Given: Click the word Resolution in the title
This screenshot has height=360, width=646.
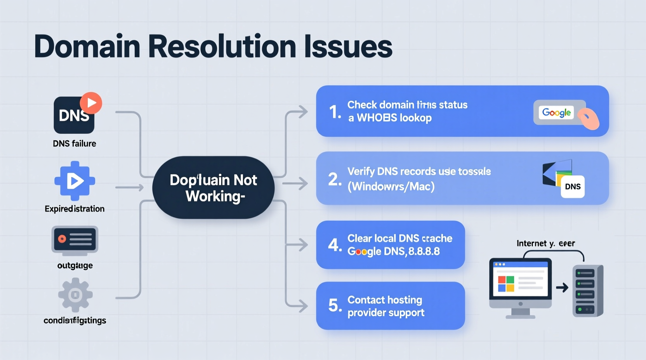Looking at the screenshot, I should pyautogui.click(x=222, y=47).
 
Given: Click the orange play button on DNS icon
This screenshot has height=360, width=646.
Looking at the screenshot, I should pyautogui.click(x=91, y=103).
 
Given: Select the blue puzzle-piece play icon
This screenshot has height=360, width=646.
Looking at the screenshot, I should pyautogui.click(x=75, y=181).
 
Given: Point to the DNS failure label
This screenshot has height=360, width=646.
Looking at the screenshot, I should pyautogui.click(x=75, y=144).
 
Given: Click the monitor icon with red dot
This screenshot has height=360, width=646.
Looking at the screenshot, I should pyautogui.click(x=75, y=240).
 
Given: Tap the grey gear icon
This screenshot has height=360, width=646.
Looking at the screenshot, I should pyautogui.click(x=75, y=295).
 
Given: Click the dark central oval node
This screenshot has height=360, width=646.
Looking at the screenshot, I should pyautogui.click(x=213, y=188).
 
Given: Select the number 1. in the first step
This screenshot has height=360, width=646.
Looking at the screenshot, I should pyautogui.click(x=335, y=112).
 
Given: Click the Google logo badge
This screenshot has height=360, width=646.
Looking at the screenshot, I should pyautogui.click(x=556, y=112).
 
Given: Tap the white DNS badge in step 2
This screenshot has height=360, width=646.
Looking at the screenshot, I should pyautogui.click(x=573, y=187).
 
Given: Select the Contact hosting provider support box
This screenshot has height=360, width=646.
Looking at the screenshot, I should pyautogui.click(x=390, y=306).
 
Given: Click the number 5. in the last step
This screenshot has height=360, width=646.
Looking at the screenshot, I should pyautogui.click(x=335, y=305).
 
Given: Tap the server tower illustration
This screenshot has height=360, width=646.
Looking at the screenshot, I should pyautogui.click(x=588, y=291).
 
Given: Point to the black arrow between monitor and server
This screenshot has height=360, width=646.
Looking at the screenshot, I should pyautogui.click(x=562, y=287).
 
